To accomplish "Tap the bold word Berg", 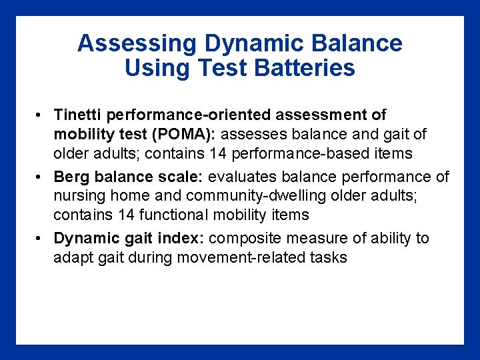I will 69,177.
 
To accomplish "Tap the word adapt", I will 71,257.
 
